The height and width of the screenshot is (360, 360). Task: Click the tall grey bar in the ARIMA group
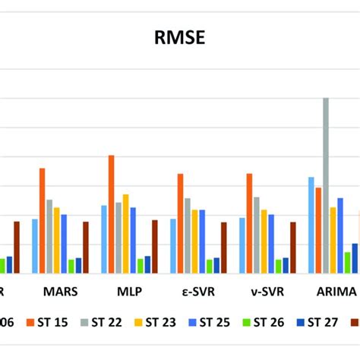326,185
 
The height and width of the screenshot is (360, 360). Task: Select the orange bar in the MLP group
111,214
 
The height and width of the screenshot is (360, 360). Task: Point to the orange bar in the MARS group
42,220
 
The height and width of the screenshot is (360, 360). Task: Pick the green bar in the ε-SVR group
209,266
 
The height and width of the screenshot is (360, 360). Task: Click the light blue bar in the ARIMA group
311,225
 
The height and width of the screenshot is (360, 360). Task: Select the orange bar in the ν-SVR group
249,223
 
